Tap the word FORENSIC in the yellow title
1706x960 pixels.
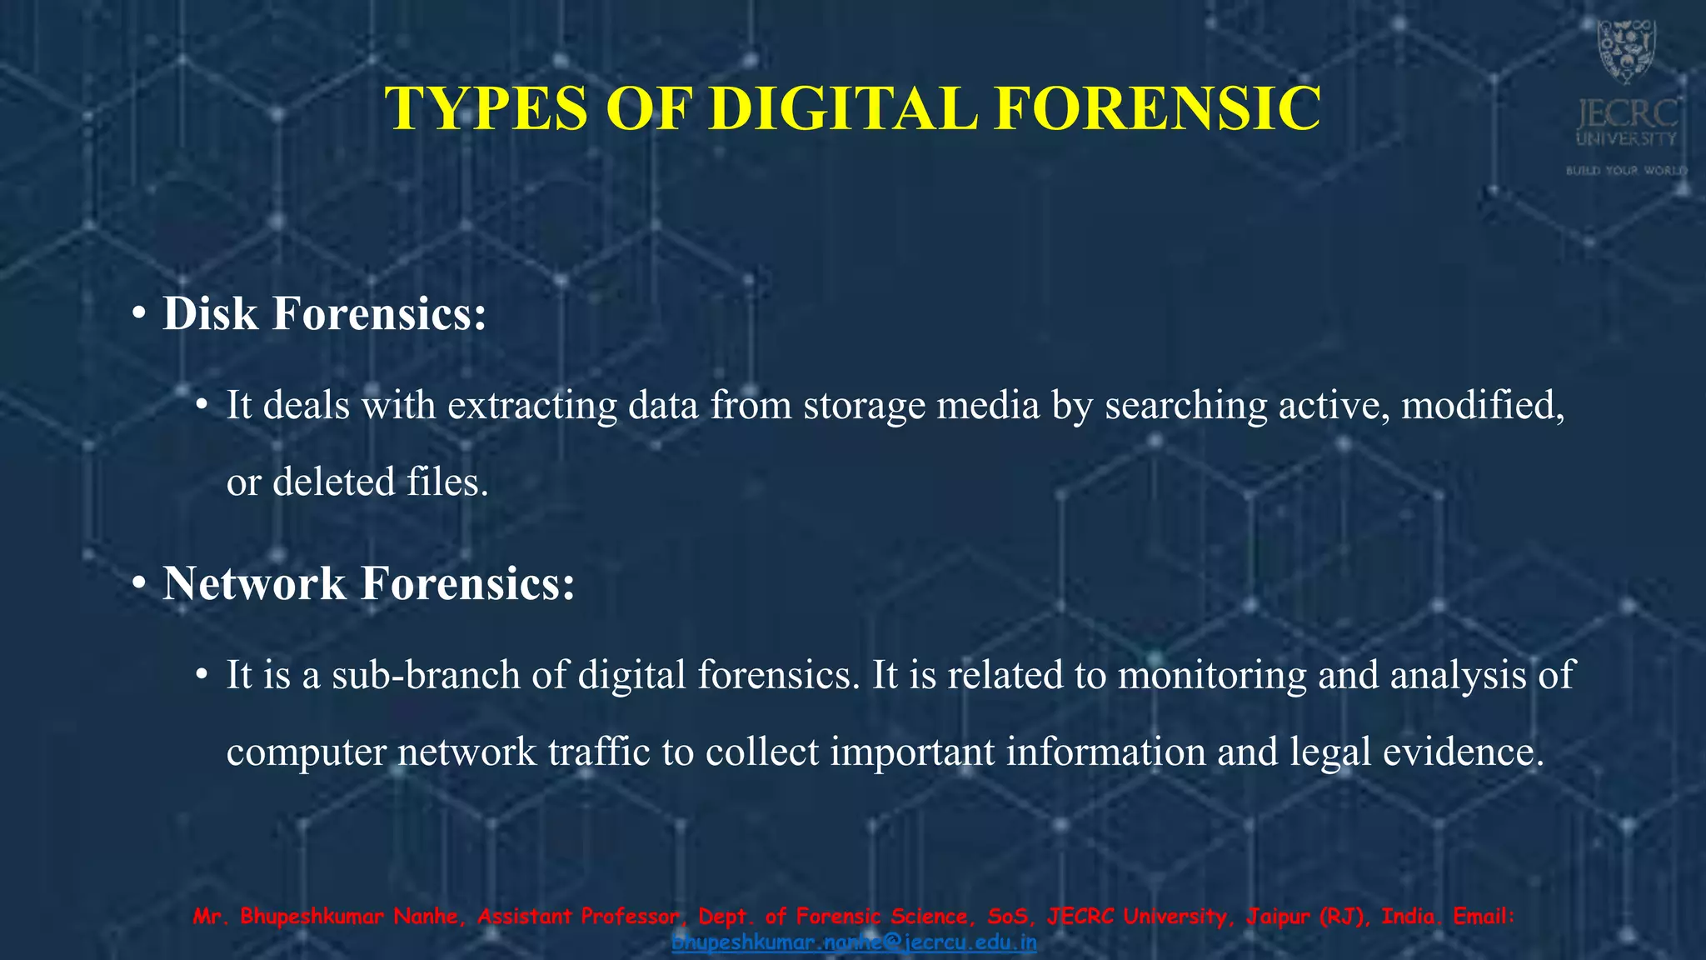click(1157, 108)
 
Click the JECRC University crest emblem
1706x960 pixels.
click(1625, 52)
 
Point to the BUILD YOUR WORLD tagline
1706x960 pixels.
click(1626, 171)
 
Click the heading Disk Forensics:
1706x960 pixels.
click(324, 313)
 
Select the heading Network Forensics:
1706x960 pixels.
click(368, 582)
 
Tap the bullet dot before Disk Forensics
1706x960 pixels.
click(139, 315)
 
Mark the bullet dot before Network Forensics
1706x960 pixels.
click(139, 584)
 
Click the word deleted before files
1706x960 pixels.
click(333, 482)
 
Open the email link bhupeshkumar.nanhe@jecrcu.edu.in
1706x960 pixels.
click(854, 942)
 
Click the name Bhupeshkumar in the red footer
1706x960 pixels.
click(312, 917)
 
